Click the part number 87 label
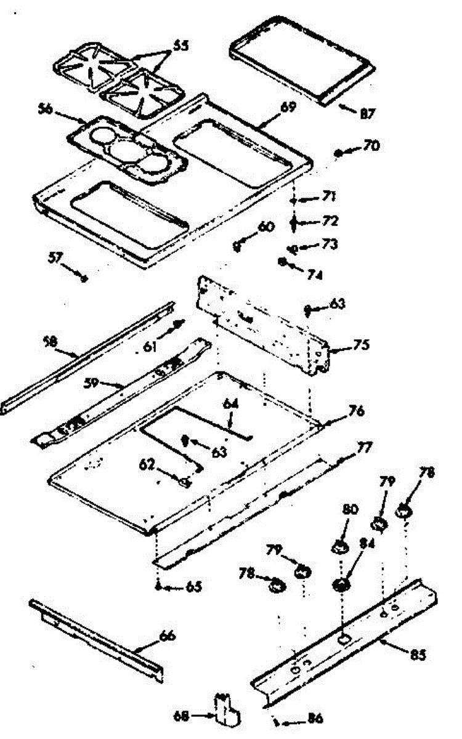tap(368, 113)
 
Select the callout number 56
tap(45, 110)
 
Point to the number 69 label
tap(288, 107)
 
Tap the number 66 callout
tap(167, 636)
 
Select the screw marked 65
tap(159, 586)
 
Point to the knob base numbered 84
tap(341, 584)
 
